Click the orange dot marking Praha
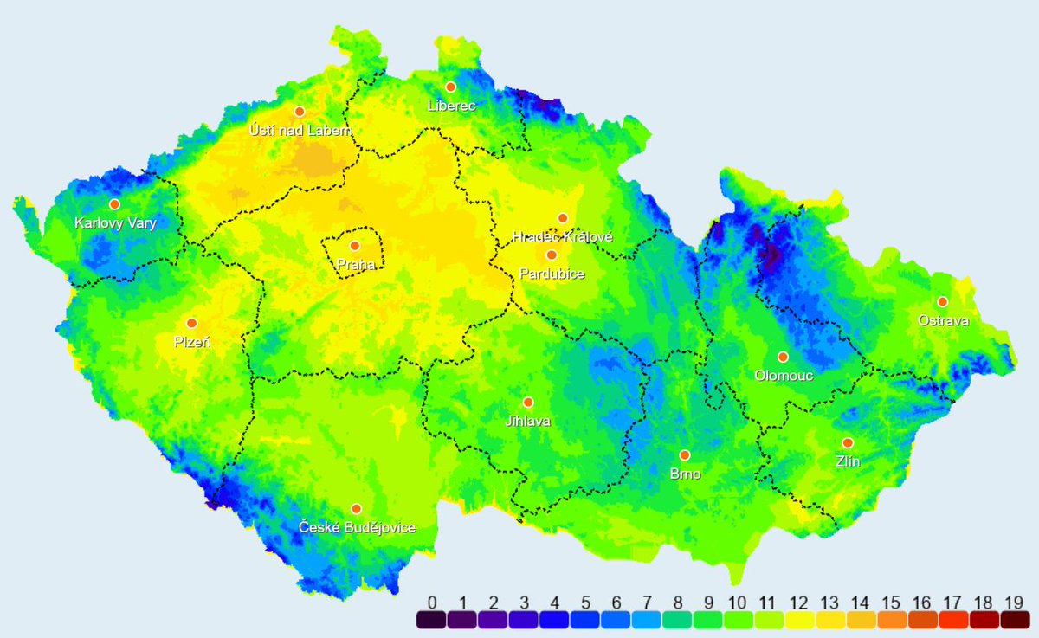click(x=355, y=246)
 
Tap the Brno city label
click(x=685, y=474)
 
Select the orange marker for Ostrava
click(x=942, y=302)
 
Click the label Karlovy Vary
click(x=115, y=223)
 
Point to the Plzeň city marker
click(x=191, y=323)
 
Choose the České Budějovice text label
click(x=357, y=527)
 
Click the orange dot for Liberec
click(x=450, y=87)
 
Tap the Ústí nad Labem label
click(x=300, y=130)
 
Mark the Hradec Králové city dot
click(x=563, y=218)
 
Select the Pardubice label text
click(x=552, y=274)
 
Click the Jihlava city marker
click(x=528, y=403)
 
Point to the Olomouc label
click(x=783, y=376)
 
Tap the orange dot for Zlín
click(x=848, y=443)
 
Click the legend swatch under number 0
click(x=431, y=620)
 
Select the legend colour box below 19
click(x=1010, y=620)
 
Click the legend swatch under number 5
click(x=584, y=620)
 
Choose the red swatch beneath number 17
click(x=950, y=620)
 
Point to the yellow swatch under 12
click(x=797, y=620)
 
